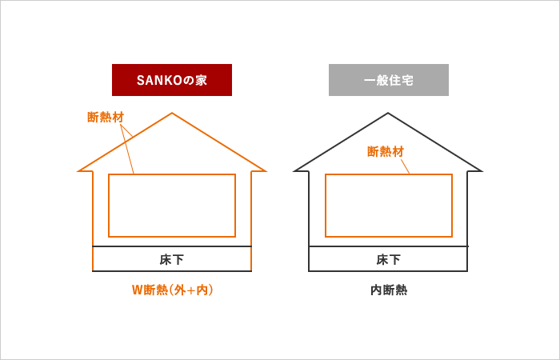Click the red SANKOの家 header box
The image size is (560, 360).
coord(171,80)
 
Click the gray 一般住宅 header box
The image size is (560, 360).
coord(388,80)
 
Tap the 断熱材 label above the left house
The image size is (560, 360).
coord(106,118)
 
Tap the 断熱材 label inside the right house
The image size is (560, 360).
coord(386,151)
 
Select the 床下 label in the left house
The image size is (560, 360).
coord(172,259)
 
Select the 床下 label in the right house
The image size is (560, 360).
coord(388,259)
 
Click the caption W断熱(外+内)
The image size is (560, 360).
coord(172,290)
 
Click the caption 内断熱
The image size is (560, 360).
coord(388,290)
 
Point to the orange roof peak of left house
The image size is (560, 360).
coord(172,114)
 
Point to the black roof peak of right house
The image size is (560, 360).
coord(388,114)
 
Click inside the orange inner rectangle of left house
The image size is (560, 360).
coord(172,206)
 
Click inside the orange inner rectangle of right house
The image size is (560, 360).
coord(388,206)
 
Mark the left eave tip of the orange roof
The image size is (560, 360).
coord(79,170)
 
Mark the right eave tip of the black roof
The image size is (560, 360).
coord(481,170)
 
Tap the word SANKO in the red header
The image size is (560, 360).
coord(155,80)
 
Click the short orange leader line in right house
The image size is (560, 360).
coord(405,166)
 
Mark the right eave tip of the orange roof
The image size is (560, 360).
coord(264,170)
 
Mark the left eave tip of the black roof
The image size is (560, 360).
coord(295,170)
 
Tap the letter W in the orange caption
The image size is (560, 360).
coord(136,290)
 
